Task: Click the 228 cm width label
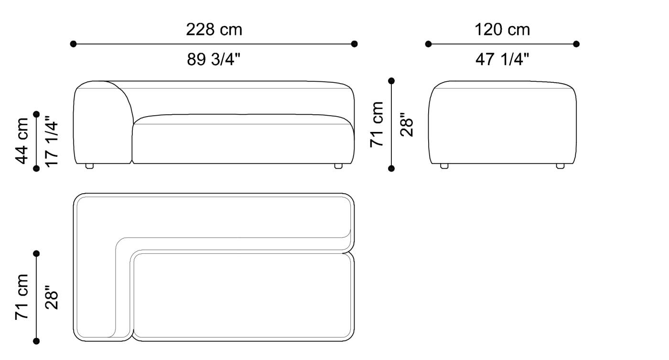coord(214,30)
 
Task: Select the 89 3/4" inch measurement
coord(214,60)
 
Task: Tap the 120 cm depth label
coord(502,30)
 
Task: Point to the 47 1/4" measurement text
coord(502,60)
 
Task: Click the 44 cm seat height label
coord(22,141)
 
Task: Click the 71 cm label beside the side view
coord(378,124)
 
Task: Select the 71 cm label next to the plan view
coord(22,296)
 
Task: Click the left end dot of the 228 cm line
coord(73,44)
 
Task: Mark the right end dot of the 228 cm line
coord(354,44)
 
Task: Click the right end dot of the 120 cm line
coord(576,44)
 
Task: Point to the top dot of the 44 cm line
coord(36,114)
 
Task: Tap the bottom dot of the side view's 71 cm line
coord(391,168)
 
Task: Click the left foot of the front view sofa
coord(89,166)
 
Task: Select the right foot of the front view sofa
coord(338,166)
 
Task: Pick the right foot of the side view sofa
coord(560,166)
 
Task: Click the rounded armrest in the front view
coord(102,122)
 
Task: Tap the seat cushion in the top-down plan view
coord(244,296)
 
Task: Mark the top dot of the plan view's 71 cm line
coord(36,253)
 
